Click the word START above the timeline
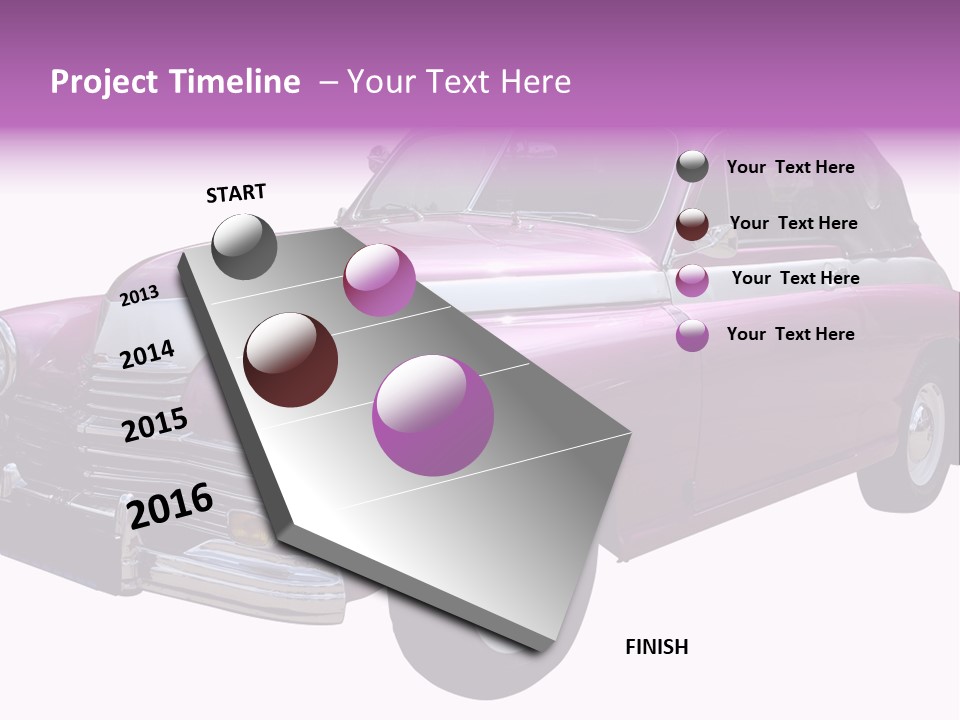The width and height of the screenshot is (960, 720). click(x=236, y=193)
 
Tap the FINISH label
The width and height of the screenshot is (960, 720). click(x=657, y=647)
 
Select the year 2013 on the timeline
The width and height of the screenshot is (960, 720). click(x=139, y=296)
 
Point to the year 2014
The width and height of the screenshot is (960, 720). click(x=147, y=354)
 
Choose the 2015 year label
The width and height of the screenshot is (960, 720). click(x=155, y=425)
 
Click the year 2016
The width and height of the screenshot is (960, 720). click(x=170, y=506)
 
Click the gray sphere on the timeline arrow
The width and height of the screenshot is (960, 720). click(x=244, y=246)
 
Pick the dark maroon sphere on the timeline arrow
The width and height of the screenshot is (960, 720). click(x=291, y=360)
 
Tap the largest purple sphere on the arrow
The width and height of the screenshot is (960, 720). click(x=433, y=415)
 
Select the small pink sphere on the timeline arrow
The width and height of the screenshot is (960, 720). click(x=379, y=280)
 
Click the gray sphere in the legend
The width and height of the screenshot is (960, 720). click(x=692, y=167)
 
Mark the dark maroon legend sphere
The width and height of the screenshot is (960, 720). click(x=692, y=224)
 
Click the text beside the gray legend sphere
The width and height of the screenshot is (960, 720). click(x=790, y=167)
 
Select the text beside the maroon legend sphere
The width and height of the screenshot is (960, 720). click(x=793, y=223)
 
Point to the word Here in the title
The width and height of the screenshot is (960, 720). click(x=535, y=82)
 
